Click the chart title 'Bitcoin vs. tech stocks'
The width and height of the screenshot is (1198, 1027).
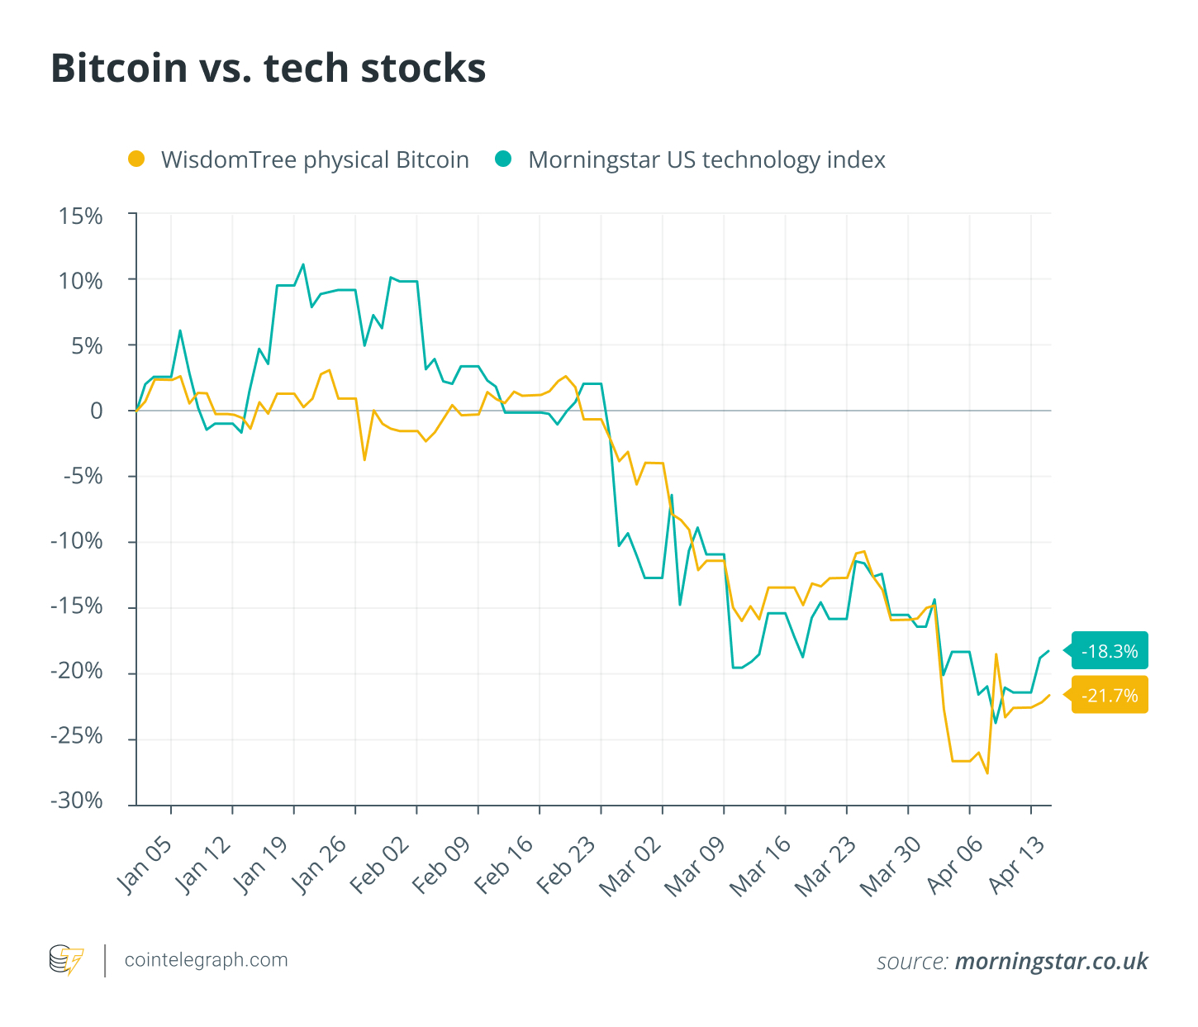[268, 68]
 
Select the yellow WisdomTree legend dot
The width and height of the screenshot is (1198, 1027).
[136, 159]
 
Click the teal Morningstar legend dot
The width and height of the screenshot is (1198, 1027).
[503, 159]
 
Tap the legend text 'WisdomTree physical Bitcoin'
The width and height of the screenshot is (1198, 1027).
[315, 159]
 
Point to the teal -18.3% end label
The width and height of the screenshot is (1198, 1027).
[1110, 651]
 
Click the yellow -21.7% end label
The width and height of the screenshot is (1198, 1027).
[1110, 696]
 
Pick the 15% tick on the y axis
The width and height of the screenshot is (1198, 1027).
[81, 216]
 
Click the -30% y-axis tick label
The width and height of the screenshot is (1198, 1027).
[77, 801]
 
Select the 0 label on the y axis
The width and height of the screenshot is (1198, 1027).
[97, 411]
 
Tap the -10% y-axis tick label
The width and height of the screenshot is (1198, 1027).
[77, 541]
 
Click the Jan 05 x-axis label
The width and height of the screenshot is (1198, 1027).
[145, 864]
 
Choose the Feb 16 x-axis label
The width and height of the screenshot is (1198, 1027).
[504, 864]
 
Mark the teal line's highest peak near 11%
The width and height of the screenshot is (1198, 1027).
[303, 264]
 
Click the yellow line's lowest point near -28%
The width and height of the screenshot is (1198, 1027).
[987, 773]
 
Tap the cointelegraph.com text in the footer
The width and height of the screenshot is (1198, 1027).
[206, 960]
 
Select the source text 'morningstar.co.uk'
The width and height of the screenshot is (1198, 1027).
[1051, 961]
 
